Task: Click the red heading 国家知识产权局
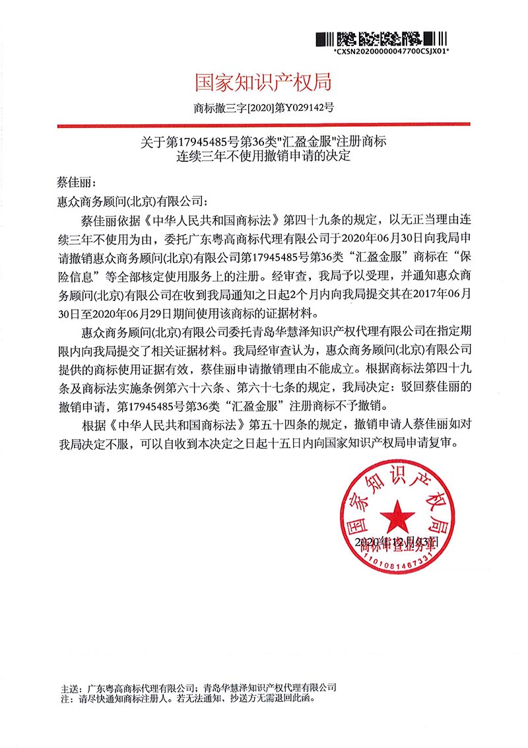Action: (x=263, y=83)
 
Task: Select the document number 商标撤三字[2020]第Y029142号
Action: (x=263, y=108)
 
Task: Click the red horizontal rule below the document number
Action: (x=263, y=124)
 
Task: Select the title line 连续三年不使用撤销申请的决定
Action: (x=263, y=157)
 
